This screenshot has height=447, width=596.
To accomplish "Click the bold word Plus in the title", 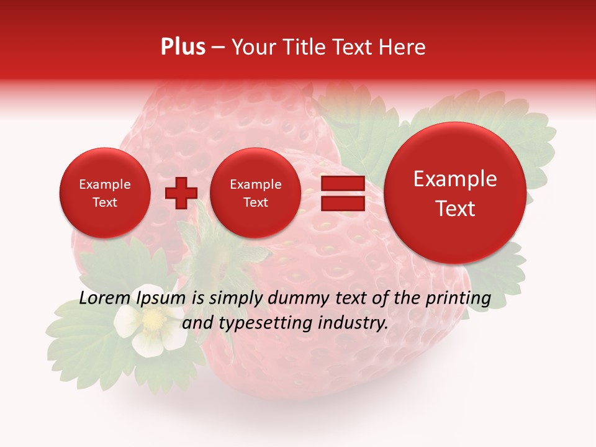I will point(183,47).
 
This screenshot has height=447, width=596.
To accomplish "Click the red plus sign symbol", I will point(181,192).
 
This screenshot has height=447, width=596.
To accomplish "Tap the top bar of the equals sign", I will point(342,184).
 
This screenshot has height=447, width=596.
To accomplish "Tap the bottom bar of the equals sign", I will point(342,203).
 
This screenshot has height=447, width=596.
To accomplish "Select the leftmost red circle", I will point(105,192).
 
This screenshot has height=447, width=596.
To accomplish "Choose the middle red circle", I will point(255,192).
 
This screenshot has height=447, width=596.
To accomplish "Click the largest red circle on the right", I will point(455,192).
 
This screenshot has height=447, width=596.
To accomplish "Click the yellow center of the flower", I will point(152,320).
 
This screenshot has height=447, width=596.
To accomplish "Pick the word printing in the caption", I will point(458,299).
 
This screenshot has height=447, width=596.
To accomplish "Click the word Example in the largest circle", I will point(455,179).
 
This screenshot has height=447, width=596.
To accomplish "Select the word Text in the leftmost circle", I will point(105,202).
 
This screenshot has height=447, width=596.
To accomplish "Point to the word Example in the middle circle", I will point(255,184).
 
